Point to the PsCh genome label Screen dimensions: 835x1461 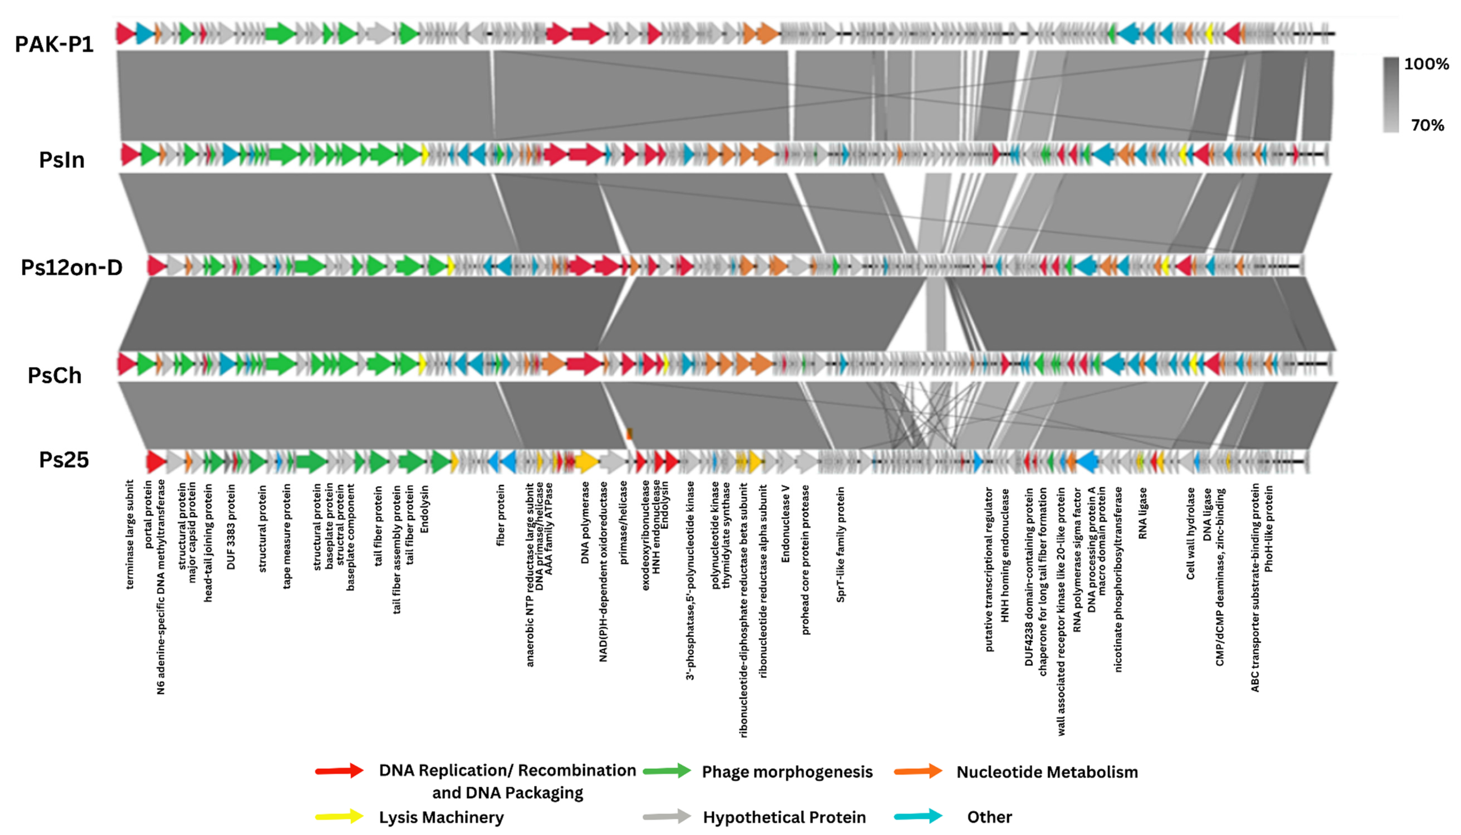(55, 376)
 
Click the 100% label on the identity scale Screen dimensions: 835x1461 (1426, 64)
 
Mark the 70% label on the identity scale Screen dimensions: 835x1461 (1427, 125)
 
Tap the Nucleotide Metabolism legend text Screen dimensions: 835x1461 (1047, 772)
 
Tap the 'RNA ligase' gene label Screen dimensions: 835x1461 (1143, 513)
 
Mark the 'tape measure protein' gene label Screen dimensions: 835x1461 (287, 536)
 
